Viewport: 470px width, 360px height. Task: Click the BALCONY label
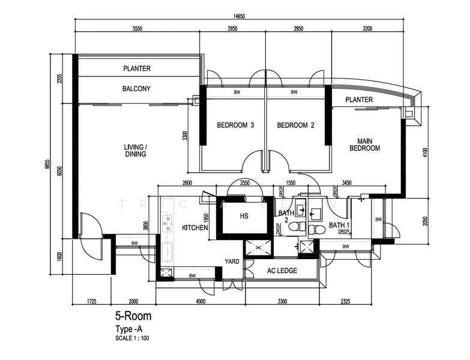[136, 89]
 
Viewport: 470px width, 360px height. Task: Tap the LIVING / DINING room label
[135, 151]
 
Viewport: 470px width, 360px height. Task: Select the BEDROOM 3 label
[235, 125]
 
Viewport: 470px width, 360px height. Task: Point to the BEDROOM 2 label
[296, 125]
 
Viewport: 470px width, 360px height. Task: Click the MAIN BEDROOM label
[365, 144]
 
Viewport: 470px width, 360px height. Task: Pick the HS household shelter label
[244, 216]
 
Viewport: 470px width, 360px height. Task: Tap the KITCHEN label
[195, 228]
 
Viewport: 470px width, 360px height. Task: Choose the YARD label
[232, 261]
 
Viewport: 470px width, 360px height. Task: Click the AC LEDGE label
[282, 271]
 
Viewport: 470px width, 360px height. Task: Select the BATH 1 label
[339, 226]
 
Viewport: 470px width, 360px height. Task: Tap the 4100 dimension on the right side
[425, 153]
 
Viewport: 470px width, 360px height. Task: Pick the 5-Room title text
[133, 316]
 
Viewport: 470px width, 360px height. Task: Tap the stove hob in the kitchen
[167, 220]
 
